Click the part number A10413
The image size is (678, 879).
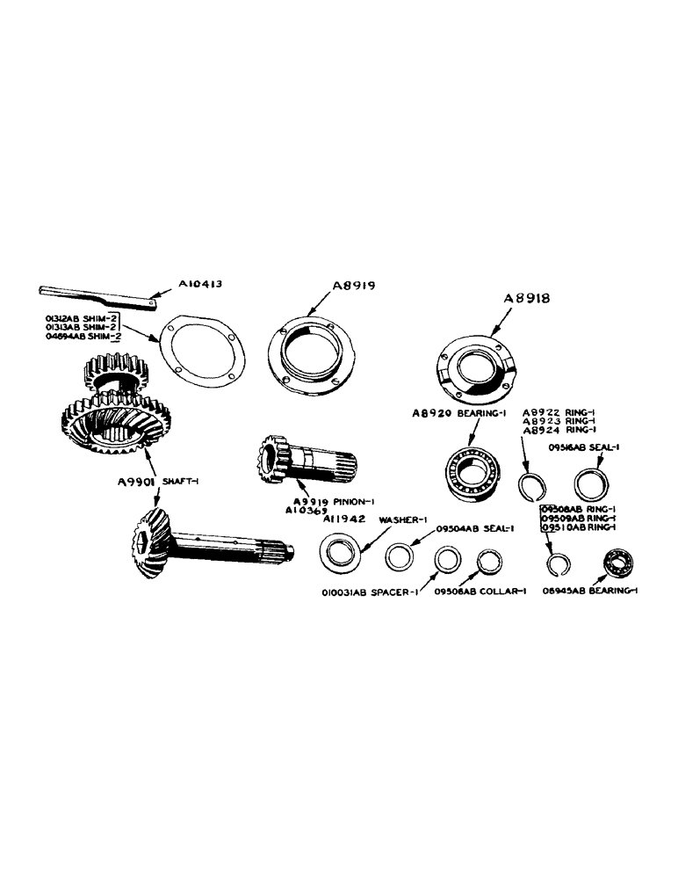click(201, 285)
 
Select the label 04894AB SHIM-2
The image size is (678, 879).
click(83, 336)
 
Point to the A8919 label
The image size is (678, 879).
click(353, 287)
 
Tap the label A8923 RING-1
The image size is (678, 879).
click(558, 421)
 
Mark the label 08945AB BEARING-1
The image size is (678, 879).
click(589, 592)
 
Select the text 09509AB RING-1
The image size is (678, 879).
click(578, 518)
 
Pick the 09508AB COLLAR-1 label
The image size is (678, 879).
click(480, 592)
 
